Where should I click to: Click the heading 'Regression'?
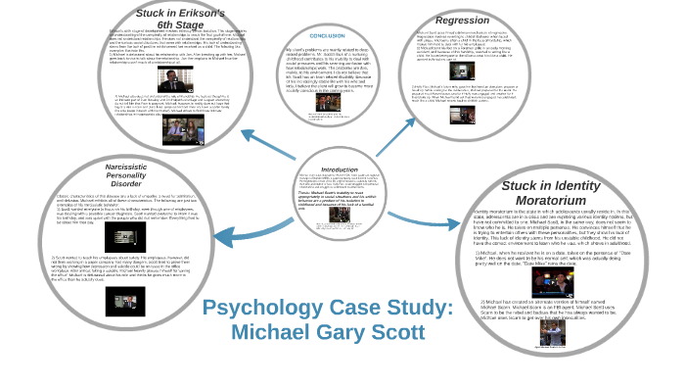point(462,20)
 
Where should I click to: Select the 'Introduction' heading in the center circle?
point(340,169)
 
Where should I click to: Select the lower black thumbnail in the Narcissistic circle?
point(125,298)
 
